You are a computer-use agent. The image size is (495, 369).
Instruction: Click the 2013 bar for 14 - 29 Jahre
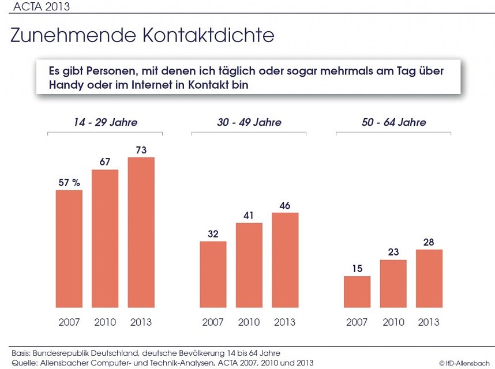[141, 232]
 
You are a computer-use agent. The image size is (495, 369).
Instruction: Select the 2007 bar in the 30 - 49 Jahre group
[213, 274]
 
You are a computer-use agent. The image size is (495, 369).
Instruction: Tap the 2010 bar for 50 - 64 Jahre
[393, 284]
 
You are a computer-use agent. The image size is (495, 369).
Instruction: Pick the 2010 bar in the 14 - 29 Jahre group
[105, 239]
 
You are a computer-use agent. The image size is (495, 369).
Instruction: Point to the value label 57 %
[69, 183]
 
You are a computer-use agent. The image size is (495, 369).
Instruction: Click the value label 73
[141, 150]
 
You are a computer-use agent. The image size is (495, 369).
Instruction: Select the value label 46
[285, 205]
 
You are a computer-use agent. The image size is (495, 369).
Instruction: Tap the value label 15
[357, 269]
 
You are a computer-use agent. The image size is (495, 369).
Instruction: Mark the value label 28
[429, 242]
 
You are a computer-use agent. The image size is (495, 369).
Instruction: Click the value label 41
[249, 216]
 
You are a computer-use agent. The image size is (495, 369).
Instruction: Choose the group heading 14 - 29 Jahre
[105, 122]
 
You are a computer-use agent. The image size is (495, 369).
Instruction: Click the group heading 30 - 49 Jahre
[249, 122]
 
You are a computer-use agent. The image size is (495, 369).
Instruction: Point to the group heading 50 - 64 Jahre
[393, 122]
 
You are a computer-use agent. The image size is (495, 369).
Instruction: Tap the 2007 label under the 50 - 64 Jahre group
[357, 322]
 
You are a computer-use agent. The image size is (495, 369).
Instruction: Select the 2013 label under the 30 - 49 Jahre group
[285, 322]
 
